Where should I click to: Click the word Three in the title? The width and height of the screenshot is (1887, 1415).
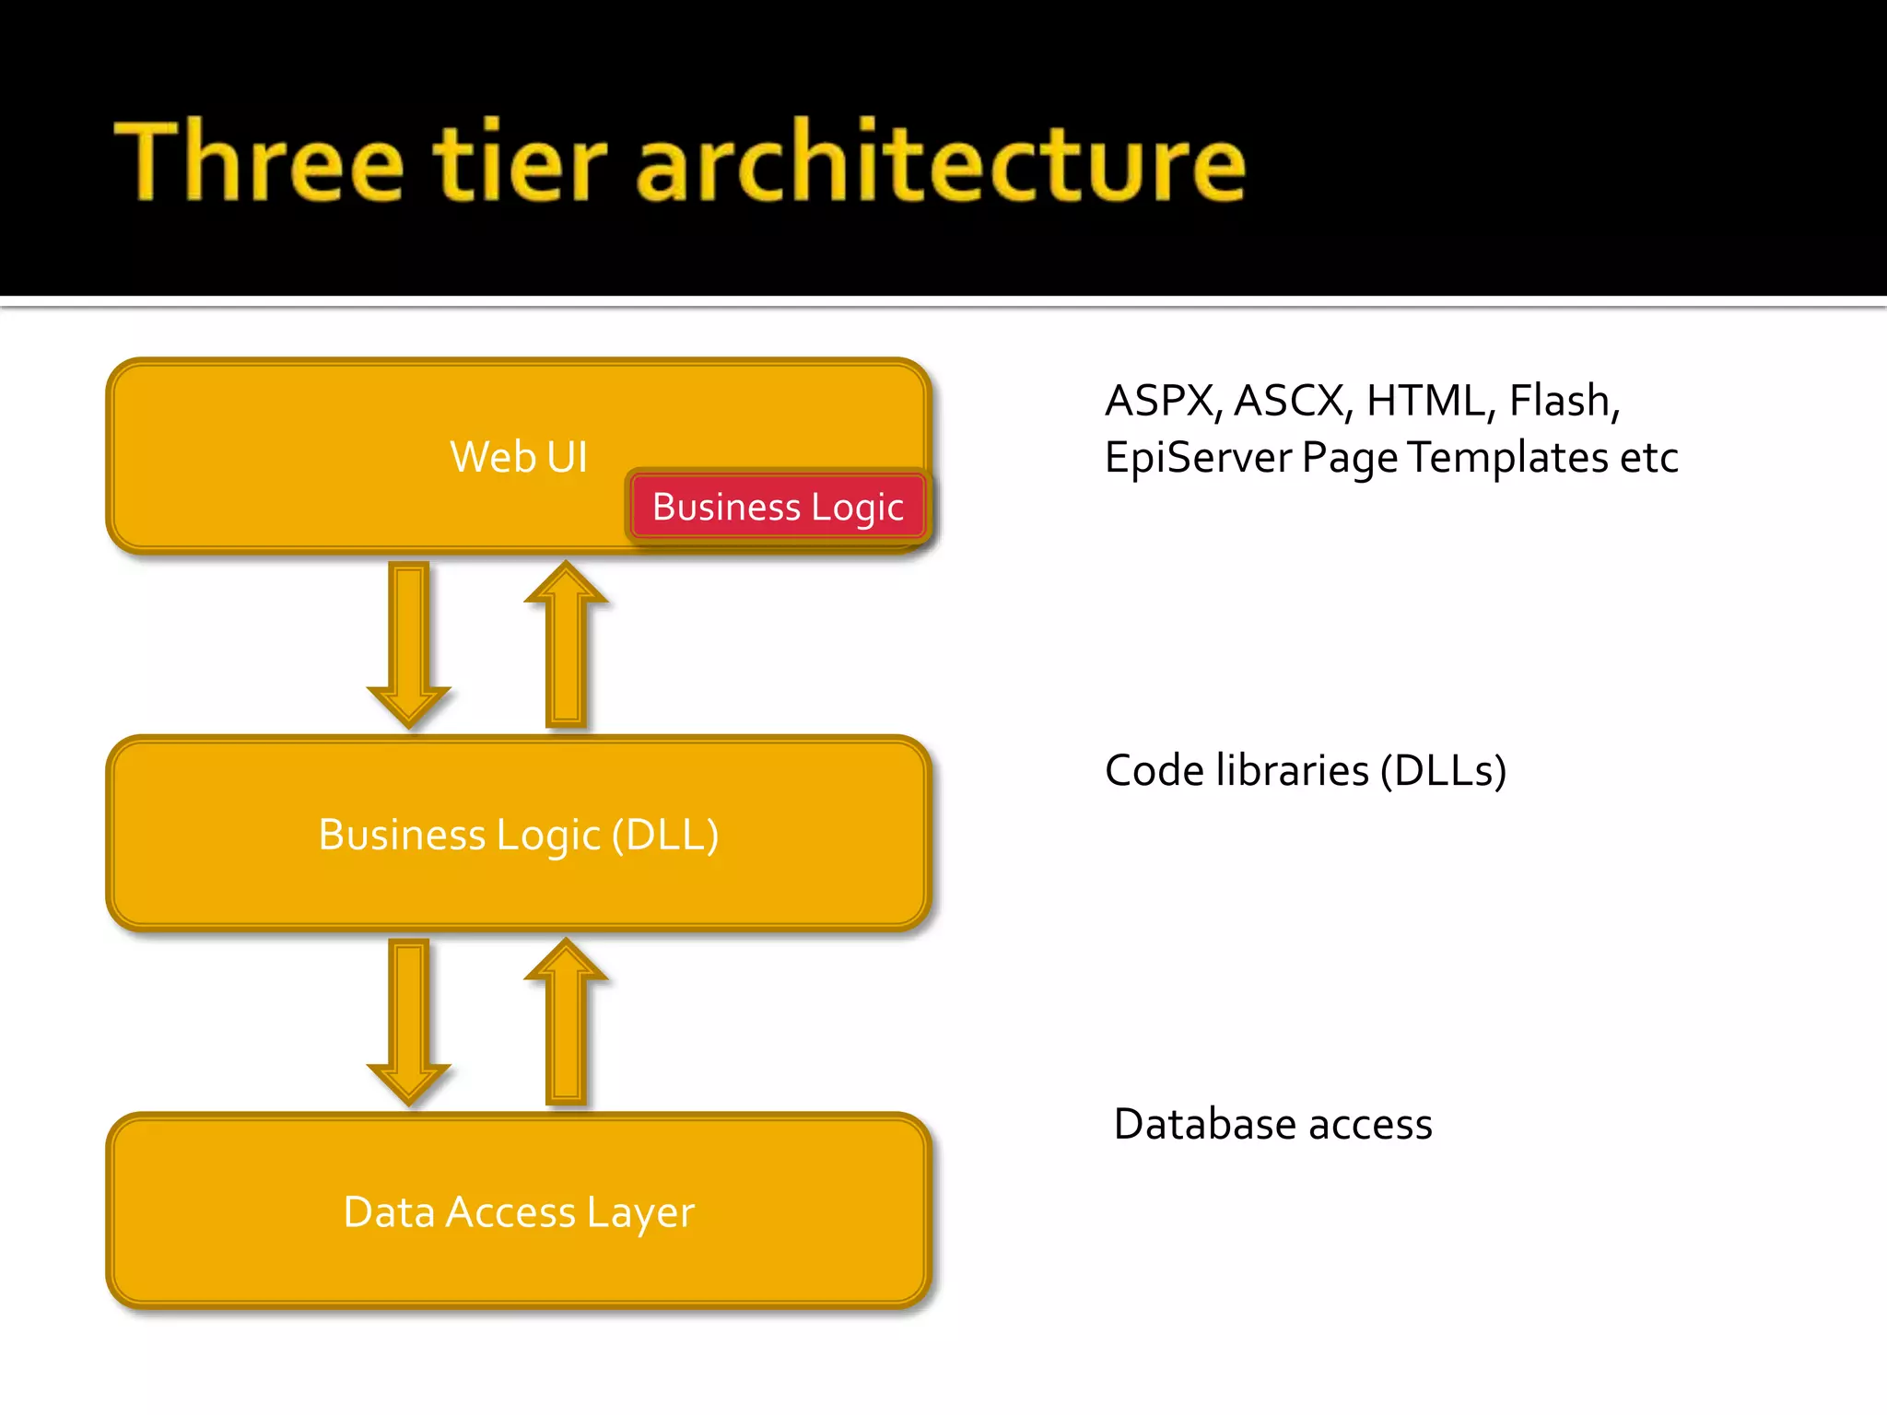pyautogui.click(x=259, y=162)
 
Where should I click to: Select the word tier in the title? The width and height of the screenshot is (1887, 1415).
pyautogui.click(x=520, y=162)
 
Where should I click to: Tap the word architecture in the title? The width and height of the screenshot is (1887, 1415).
pyautogui.click(x=940, y=162)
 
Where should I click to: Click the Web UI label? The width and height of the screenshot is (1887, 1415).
pyautogui.click(x=519, y=457)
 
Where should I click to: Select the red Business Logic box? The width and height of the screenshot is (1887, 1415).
pyautogui.click(x=779, y=508)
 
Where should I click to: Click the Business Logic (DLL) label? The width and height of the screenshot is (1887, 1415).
pyautogui.click(x=519, y=835)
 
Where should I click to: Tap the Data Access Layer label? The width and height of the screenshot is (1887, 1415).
pyautogui.click(x=519, y=1212)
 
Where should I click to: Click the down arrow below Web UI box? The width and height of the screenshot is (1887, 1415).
pyautogui.click(x=409, y=645)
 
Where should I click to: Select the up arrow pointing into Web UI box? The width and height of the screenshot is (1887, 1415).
pyautogui.click(x=566, y=645)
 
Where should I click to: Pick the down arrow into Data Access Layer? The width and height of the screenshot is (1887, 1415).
pyautogui.click(x=409, y=1023)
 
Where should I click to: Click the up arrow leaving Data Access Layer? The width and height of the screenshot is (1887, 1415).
pyautogui.click(x=566, y=1023)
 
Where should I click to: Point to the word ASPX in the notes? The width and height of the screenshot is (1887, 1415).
pyautogui.click(x=1163, y=402)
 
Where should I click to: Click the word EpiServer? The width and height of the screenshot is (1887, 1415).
pyautogui.click(x=1197, y=458)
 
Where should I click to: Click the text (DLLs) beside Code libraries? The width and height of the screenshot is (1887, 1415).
pyautogui.click(x=1443, y=771)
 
